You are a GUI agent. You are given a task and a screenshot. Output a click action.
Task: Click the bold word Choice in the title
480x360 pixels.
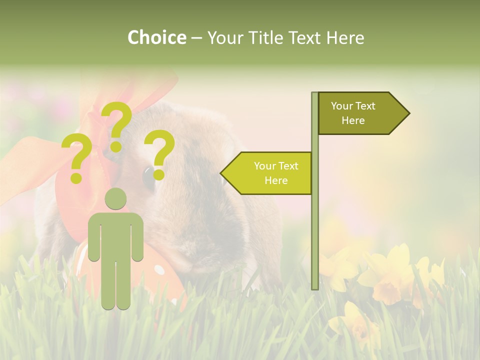coord(156,38)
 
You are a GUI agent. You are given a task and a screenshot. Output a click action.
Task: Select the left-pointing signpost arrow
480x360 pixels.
coord(270,173)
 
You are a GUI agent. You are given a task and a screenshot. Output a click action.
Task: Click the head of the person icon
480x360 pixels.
coord(115,199)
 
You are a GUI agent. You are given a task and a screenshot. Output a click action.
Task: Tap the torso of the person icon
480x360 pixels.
coord(115,235)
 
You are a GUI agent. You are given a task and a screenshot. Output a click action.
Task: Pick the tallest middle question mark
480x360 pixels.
coord(116,120)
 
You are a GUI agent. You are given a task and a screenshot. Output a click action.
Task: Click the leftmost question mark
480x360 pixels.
coord(76,155)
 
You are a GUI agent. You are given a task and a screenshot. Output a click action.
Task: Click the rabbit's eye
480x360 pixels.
coord(148,178)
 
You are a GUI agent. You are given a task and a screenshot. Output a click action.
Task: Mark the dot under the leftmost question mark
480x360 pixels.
coord(76,177)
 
